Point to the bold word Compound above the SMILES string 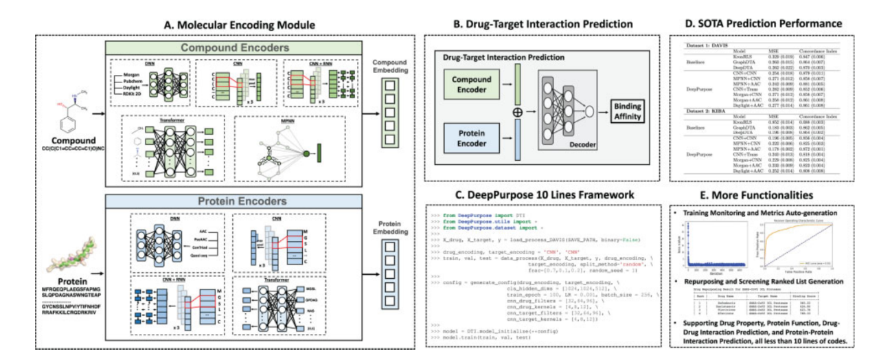(60, 139)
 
